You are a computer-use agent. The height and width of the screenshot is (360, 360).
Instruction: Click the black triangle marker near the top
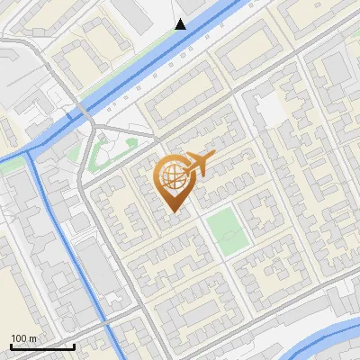181,24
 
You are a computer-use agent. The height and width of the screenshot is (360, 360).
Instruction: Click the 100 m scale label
22,338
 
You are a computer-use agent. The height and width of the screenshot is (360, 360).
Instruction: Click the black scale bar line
42,346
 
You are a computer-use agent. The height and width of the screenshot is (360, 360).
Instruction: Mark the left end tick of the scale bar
11,346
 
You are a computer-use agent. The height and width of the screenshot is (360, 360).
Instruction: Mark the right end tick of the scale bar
74,346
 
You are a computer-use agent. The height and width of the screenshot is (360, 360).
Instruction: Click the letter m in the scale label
31,338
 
